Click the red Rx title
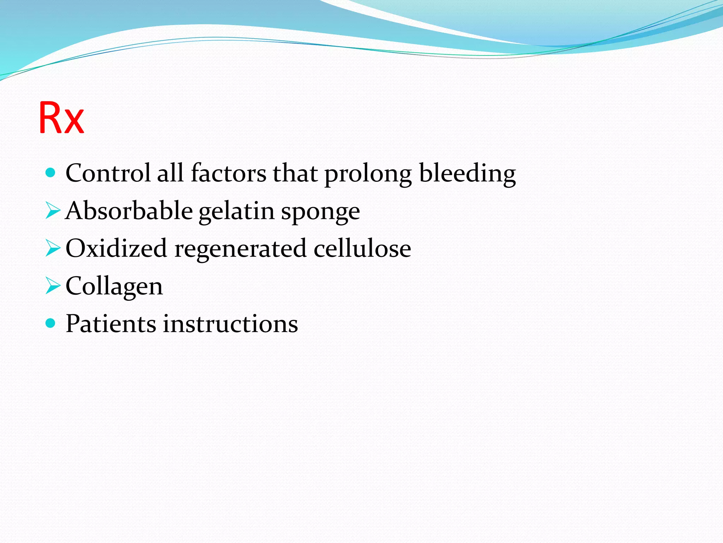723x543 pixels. (x=61, y=118)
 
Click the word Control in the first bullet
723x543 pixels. (x=108, y=173)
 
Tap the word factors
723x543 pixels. (x=228, y=173)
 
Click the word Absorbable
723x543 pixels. (x=129, y=211)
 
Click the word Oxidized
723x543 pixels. (x=116, y=248)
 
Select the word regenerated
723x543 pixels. (x=240, y=250)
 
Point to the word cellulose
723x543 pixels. (x=362, y=248)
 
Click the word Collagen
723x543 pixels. (x=114, y=286)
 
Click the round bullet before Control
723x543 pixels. (x=51, y=173)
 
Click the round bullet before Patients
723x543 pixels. (x=51, y=323)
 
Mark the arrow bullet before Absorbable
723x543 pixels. (x=53, y=211)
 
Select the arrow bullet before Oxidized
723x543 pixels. (x=53, y=248)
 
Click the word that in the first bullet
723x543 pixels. (x=295, y=173)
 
